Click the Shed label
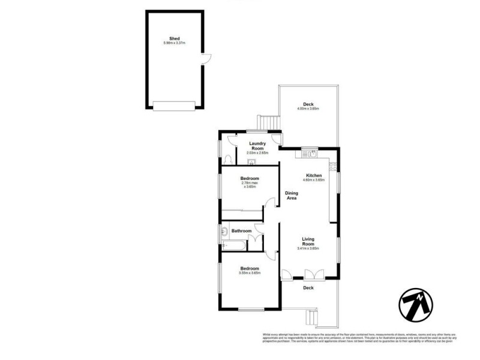coord(175,38)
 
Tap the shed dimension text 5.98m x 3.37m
coord(175,43)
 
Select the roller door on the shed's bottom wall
coord(175,106)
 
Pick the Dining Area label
coord(292,196)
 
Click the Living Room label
coord(308,242)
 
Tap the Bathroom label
coord(242,230)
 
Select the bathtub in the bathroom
coord(233,245)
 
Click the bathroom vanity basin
coord(223,231)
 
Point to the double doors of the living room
coord(313,274)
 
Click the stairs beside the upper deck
coord(268,122)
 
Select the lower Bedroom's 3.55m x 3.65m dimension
coord(250,273)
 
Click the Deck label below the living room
coord(308,288)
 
